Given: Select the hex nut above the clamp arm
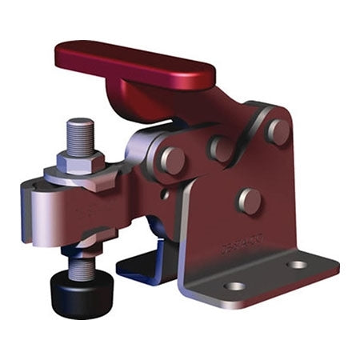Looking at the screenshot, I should [81, 159].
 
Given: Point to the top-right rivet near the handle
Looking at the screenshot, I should [278, 131].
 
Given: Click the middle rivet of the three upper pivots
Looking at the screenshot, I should [221, 148].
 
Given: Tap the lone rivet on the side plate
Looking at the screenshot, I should [249, 200].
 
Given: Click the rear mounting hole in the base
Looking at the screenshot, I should [297, 264].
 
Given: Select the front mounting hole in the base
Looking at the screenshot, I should [234, 286].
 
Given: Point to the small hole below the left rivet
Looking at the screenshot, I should [165, 193].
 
